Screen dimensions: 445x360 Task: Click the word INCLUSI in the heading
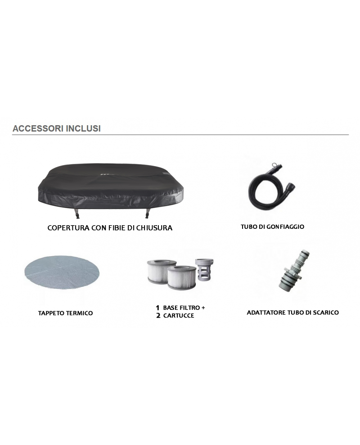point(83,128)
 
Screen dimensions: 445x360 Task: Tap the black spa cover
point(108,185)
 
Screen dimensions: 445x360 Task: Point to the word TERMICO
point(80,313)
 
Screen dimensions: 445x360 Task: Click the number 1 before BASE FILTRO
point(157,308)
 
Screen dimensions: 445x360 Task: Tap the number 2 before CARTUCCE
point(158,316)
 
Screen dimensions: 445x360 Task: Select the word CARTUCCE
point(179,316)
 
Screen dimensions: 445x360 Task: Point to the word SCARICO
point(327,312)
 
